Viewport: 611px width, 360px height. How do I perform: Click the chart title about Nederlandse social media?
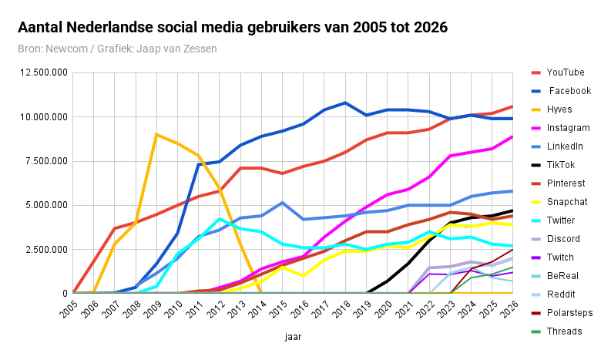[x=233, y=29]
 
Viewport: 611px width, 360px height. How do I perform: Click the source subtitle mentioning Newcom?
[x=117, y=49]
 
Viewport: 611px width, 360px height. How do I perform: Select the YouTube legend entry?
[x=565, y=72]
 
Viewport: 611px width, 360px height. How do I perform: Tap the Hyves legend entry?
[x=560, y=109]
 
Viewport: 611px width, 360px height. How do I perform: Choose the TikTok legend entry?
[x=561, y=165]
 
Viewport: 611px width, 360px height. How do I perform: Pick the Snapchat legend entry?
[x=567, y=202]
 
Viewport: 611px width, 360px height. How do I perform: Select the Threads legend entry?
[x=565, y=331]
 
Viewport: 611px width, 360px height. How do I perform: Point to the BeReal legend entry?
[x=562, y=276]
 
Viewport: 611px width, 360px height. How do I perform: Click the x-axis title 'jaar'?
[x=293, y=337]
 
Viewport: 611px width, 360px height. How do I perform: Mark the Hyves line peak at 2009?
[x=156, y=134]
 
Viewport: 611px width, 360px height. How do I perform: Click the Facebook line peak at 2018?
[x=345, y=103]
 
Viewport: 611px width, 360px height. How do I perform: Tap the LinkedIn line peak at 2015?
[x=283, y=203]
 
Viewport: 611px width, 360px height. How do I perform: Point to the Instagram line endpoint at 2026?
[x=512, y=136]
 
